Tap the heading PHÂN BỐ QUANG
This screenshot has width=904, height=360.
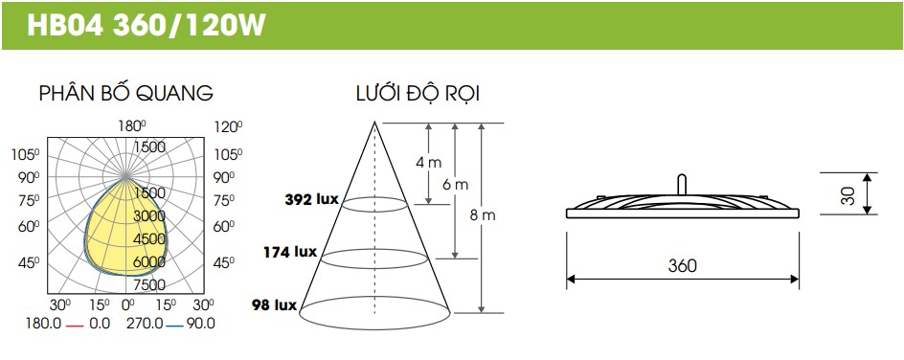(126, 93)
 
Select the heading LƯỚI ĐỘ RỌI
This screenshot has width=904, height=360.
(418, 94)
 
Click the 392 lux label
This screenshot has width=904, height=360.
(311, 199)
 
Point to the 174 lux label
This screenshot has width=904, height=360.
(290, 252)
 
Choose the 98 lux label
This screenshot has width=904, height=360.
(275, 304)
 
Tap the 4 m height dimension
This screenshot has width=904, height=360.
(428, 163)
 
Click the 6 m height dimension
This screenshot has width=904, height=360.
(456, 185)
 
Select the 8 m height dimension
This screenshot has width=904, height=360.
(483, 215)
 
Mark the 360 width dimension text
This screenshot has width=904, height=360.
(682, 265)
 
